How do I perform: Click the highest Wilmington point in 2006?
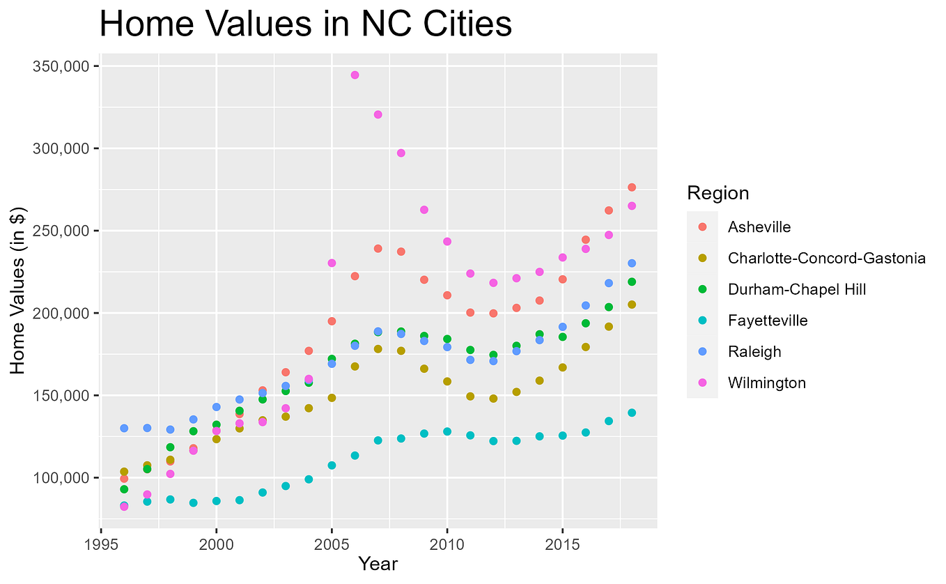pos(355,75)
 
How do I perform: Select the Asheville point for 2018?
pos(632,187)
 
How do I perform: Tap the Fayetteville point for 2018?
pos(632,413)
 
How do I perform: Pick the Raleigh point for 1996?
pos(124,428)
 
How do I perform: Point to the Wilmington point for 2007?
pos(378,114)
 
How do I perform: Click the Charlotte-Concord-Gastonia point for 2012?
pos(493,399)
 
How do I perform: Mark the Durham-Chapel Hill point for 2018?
pos(632,282)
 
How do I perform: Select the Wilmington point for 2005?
pos(332,263)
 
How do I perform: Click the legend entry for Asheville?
pos(759,226)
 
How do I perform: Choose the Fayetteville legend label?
pos(767,321)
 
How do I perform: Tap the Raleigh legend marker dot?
pos(702,352)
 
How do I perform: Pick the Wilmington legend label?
pos(766,383)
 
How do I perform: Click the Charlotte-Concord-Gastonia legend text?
pos(826,258)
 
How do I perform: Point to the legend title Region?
pos(718,193)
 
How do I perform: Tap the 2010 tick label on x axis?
pos(447,542)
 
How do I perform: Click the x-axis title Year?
pos(378,564)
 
